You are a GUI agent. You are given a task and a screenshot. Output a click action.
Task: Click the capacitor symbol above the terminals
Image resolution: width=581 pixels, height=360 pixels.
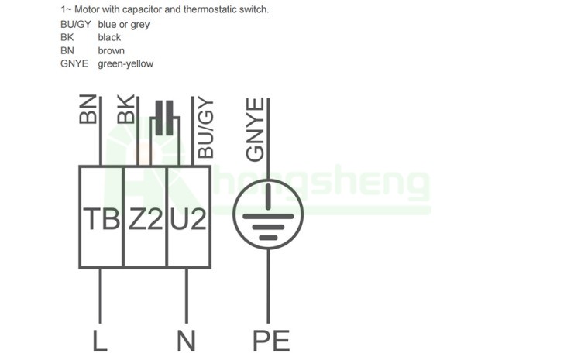163,118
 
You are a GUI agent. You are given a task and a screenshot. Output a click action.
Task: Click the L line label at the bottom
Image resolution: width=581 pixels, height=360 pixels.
99,340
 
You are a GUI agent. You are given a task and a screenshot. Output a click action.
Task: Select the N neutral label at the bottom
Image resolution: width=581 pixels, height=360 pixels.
186,340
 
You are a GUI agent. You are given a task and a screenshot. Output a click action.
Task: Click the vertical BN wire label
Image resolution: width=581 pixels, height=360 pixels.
88,109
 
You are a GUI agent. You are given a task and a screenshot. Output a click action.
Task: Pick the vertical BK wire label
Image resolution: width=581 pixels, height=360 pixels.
125,109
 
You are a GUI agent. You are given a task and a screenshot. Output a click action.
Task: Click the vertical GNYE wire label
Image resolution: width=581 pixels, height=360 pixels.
255,129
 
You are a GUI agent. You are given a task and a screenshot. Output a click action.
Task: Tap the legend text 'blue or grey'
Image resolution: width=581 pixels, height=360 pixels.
124,25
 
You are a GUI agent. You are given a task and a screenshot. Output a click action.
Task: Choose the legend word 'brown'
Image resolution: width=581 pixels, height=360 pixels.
111,51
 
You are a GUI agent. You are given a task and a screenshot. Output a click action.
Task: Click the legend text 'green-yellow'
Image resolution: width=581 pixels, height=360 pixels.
125,64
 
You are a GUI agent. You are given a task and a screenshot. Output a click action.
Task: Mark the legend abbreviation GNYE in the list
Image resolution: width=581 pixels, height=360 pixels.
74,64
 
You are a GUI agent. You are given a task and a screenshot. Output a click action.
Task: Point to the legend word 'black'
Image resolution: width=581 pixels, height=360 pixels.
109,38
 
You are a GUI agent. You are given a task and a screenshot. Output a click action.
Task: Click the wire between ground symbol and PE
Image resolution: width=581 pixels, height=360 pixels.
267,286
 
